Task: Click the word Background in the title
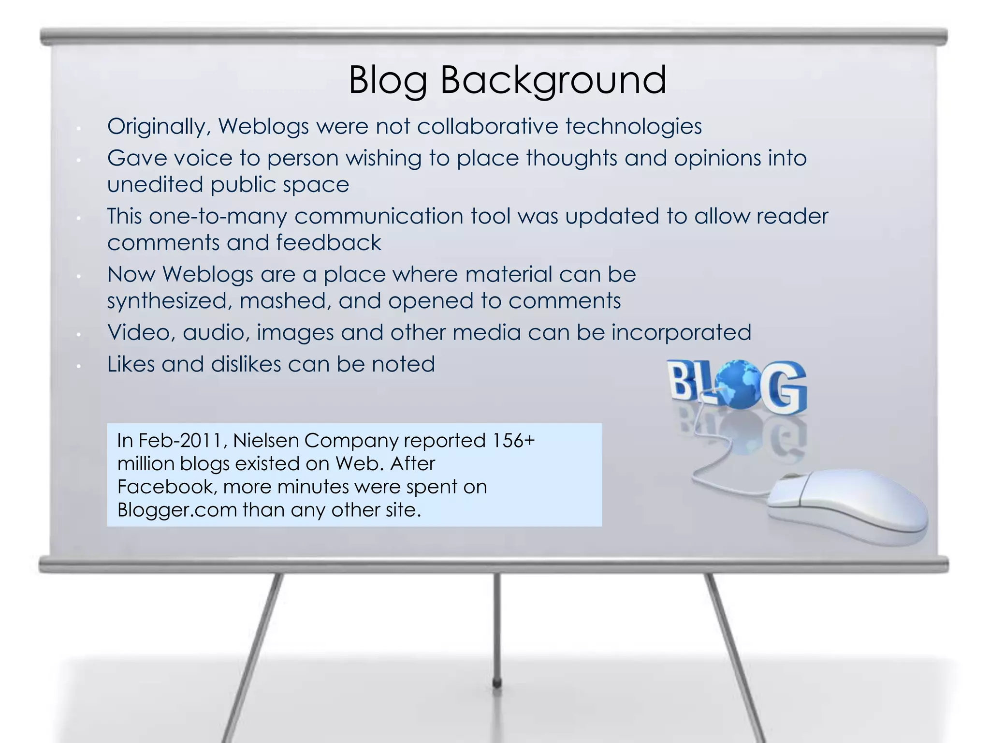553,80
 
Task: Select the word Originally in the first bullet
159,127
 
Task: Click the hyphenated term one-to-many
218,216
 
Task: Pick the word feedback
328,242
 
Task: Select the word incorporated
681,332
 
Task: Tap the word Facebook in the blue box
166,487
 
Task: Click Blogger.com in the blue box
177,510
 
